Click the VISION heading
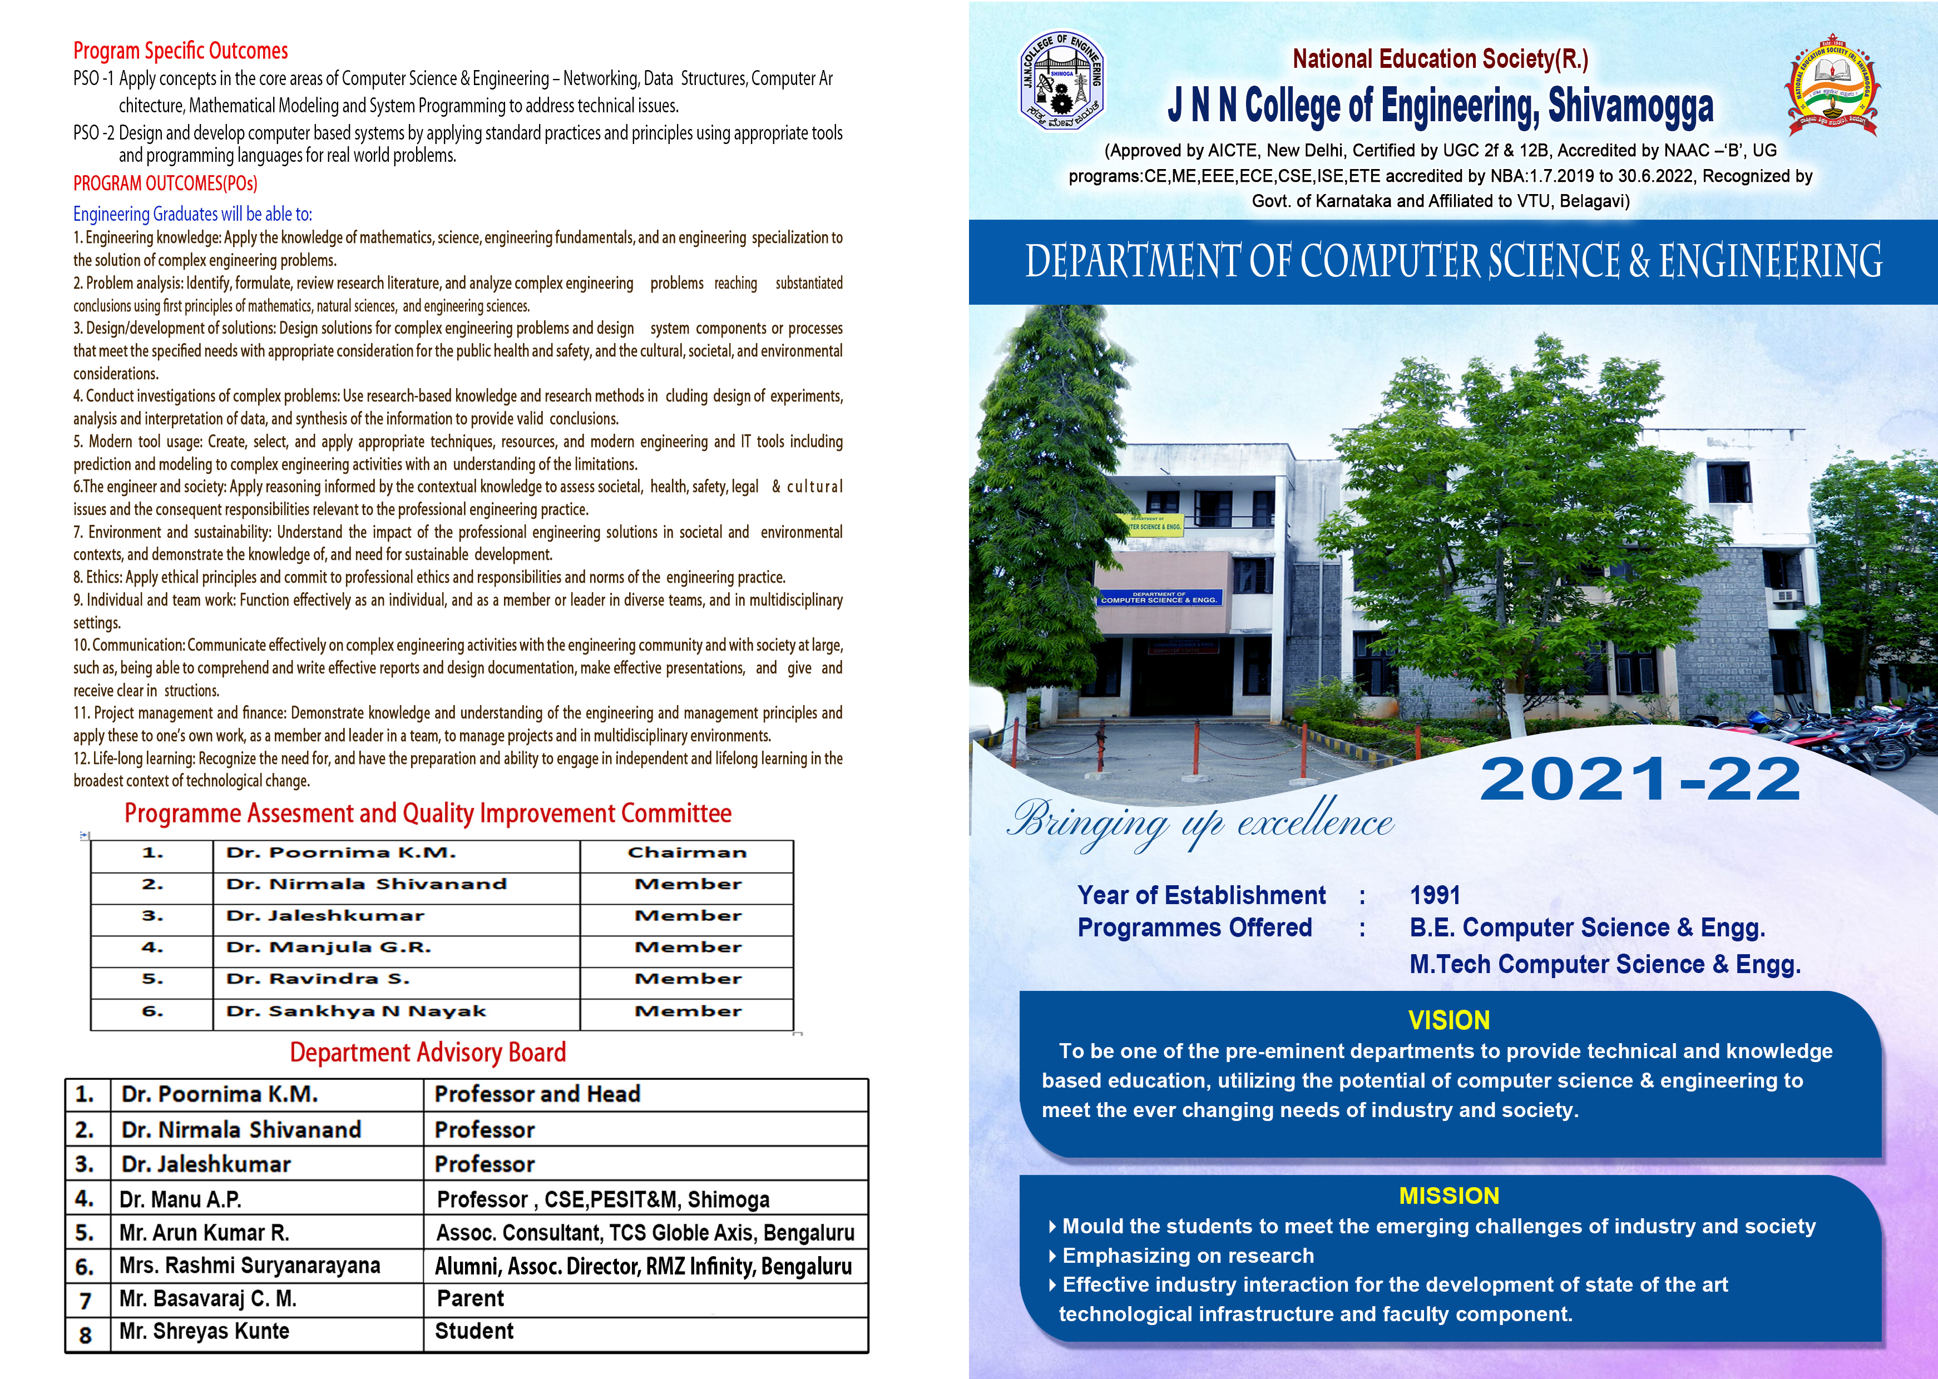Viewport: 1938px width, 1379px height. [1449, 1020]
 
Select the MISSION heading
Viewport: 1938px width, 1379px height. [1449, 1196]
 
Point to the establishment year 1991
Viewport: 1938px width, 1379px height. [1435, 895]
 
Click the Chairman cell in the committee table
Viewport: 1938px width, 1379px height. [687, 852]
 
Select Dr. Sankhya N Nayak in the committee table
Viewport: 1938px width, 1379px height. [356, 1011]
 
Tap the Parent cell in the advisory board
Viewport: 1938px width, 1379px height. [469, 1298]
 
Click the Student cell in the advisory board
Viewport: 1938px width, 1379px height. [474, 1331]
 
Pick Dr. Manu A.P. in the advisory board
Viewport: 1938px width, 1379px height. [180, 1199]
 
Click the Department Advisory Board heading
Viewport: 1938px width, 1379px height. [427, 1053]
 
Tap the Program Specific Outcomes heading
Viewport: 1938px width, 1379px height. [180, 51]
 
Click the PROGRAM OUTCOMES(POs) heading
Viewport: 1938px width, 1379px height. [165, 183]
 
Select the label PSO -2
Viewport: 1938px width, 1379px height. [93, 133]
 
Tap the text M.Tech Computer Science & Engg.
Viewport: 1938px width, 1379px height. [1604, 965]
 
